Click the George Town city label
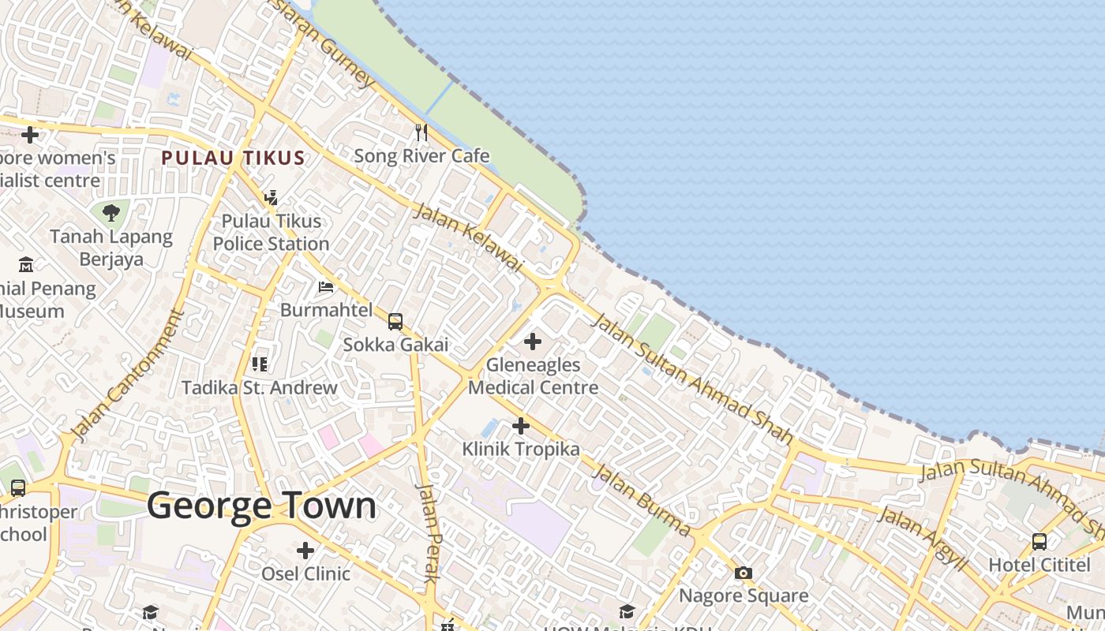click(261, 506)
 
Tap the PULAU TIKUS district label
click(233, 158)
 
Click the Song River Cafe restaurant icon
click(421, 132)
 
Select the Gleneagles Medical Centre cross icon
click(533, 342)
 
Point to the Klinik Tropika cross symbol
click(521, 426)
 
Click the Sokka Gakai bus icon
click(395, 322)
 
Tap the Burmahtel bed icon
click(326, 287)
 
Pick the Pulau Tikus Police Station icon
click(272, 197)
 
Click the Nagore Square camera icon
click(744, 573)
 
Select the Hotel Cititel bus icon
click(1039, 542)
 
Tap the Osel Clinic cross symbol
click(305, 551)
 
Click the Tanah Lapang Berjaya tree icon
click(111, 212)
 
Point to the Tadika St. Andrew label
click(260, 388)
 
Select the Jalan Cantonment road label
click(127, 374)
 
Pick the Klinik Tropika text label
click(521, 450)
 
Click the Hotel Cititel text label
click(1039, 566)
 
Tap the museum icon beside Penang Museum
click(26, 264)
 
